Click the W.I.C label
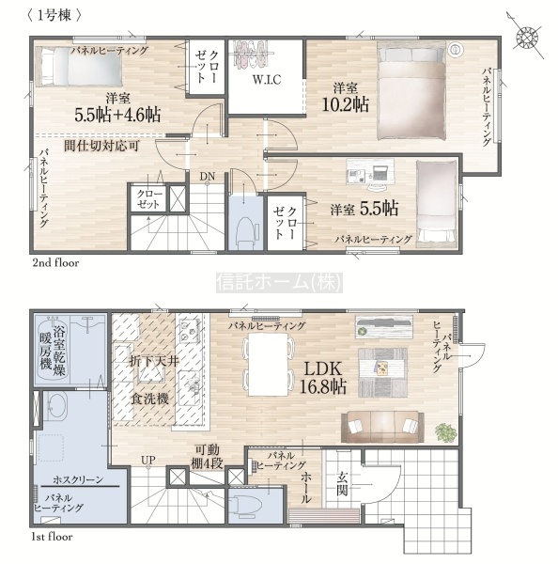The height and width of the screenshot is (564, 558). click(267, 80)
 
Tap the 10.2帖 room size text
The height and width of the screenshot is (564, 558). click(345, 104)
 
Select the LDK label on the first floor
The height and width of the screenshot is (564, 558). click(322, 369)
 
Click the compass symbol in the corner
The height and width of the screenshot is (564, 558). click(527, 36)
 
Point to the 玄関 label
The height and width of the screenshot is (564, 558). click(342, 483)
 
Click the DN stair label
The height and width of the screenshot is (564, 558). click(208, 177)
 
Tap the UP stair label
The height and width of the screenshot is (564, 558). click(148, 460)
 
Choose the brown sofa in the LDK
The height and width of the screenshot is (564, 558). click(382, 427)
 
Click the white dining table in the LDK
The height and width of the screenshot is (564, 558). click(268, 365)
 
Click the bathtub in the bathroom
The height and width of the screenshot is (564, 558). click(52, 349)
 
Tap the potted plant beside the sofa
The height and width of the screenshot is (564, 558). click(446, 431)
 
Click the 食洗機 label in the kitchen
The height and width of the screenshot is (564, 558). click(149, 399)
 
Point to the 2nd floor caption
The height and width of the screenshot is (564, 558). click(55, 263)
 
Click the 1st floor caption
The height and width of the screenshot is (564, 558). click(53, 537)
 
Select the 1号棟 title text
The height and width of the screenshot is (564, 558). click(54, 16)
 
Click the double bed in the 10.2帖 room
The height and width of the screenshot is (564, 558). click(411, 90)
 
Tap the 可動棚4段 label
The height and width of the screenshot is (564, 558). click(207, 457)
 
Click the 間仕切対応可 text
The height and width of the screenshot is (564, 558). click(101, 146)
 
